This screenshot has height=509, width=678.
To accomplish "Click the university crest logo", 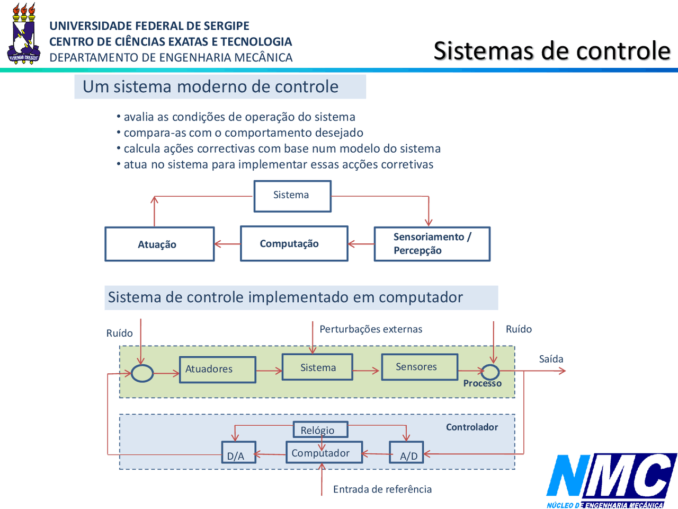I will pyautogui.click(x=23, y=34).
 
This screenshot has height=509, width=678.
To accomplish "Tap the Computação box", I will pyautogui.click(x=294, y=243).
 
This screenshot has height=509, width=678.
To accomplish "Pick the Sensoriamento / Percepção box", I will pyautogui.click(x=432, y=244).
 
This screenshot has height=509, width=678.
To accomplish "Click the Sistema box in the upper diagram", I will pyautogui.click(x=292, y=196).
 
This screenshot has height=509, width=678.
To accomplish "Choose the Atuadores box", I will pyautogui.click(x=217, y=369).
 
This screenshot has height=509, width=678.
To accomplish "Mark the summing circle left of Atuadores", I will pyautogui.click(x=142, y=373).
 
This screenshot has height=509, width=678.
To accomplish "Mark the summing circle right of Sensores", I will pyautogui.click(x=490, y=372).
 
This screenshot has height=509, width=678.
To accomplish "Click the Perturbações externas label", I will pyautogui.click(x=371, y=329).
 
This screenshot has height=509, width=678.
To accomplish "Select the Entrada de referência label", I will pyautogui.click(x=382, y=489).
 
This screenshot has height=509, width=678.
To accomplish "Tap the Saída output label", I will pyautogui.click(x=551, y=359).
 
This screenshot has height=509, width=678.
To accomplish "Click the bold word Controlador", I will pyautogui.click(x=471, y=427).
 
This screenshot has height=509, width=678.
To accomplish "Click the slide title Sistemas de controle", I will pyautogui.click(x=552, y=51).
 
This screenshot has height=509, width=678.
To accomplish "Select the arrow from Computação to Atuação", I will pyautogui.click(x=227, y=244).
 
